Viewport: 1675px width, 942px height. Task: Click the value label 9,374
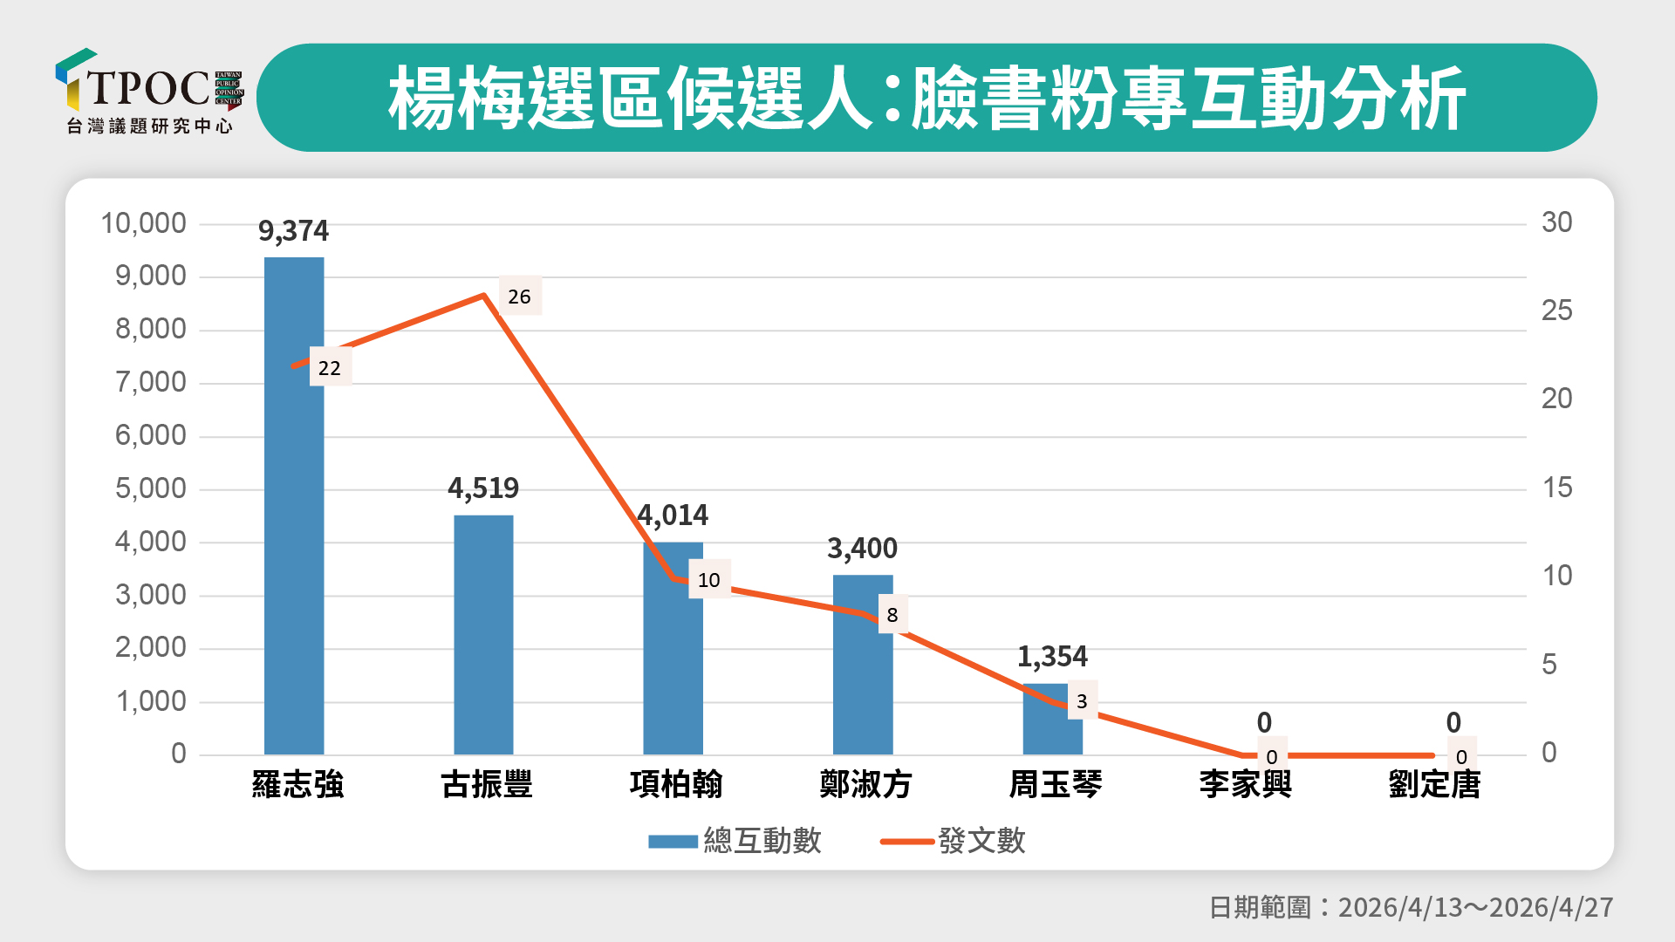coord(293,231)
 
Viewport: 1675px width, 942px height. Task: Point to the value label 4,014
coord(673,515)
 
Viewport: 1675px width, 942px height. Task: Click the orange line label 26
coord(519,297)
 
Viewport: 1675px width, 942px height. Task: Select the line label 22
coord(329,368)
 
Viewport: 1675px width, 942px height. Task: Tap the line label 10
coord(708,580)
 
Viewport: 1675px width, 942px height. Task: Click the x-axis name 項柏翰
coord(676,784)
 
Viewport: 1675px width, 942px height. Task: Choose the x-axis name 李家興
coord(1245,784)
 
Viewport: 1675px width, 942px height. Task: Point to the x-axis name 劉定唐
coord(1434,784)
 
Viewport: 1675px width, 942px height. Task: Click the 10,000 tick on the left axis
coord(144,223)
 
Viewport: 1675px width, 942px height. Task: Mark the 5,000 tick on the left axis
coord(151,488)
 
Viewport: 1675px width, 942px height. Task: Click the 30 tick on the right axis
coord(1556,222)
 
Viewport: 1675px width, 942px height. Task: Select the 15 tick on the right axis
coord(1556,488)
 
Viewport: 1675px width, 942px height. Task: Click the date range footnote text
coord(1411,907)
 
